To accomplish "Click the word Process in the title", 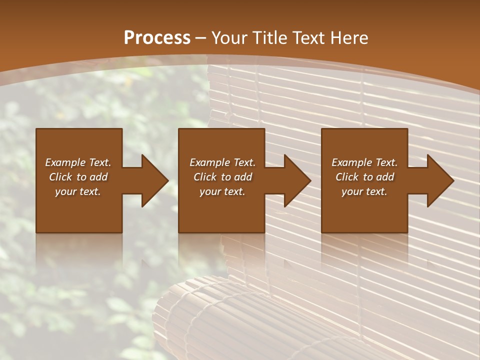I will tap(157, 38).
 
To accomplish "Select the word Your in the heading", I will tap(230, 38).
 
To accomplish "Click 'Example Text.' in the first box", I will tap(78, 162).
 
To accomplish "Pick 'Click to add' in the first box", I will tap(78, 177).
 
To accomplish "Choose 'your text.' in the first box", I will tap(78, 191).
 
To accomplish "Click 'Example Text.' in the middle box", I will tap(222, 162).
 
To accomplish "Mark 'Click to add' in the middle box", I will tap(222, 177).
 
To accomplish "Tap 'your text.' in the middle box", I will tap(222, 191).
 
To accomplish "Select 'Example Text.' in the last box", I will tap(364, 162).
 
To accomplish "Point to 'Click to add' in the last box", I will tap(364, 177).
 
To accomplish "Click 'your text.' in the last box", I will tap(364, 191).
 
